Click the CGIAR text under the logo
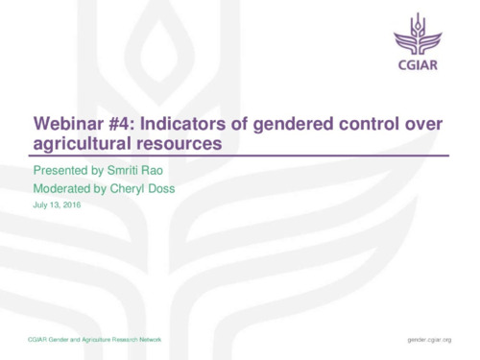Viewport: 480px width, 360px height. point(420,68)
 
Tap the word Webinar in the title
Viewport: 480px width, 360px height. point(71,125)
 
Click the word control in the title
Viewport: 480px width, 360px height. point(377,125)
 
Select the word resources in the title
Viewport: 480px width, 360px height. point(181,144)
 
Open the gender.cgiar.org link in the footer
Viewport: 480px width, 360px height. point(429,341)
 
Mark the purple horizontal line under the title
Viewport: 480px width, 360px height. point(240,156)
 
